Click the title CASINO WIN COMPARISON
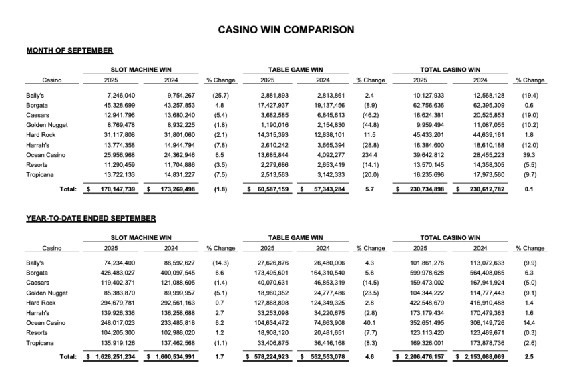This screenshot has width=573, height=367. pyautogui.click(x=286, y=29)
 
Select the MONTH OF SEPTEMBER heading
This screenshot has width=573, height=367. pyautogui.click(x=69, y=51)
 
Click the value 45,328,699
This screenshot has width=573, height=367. pyautogui.click(x=116, y=106)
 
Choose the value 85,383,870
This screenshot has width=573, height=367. pyautogui.click(x=116, y=292)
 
